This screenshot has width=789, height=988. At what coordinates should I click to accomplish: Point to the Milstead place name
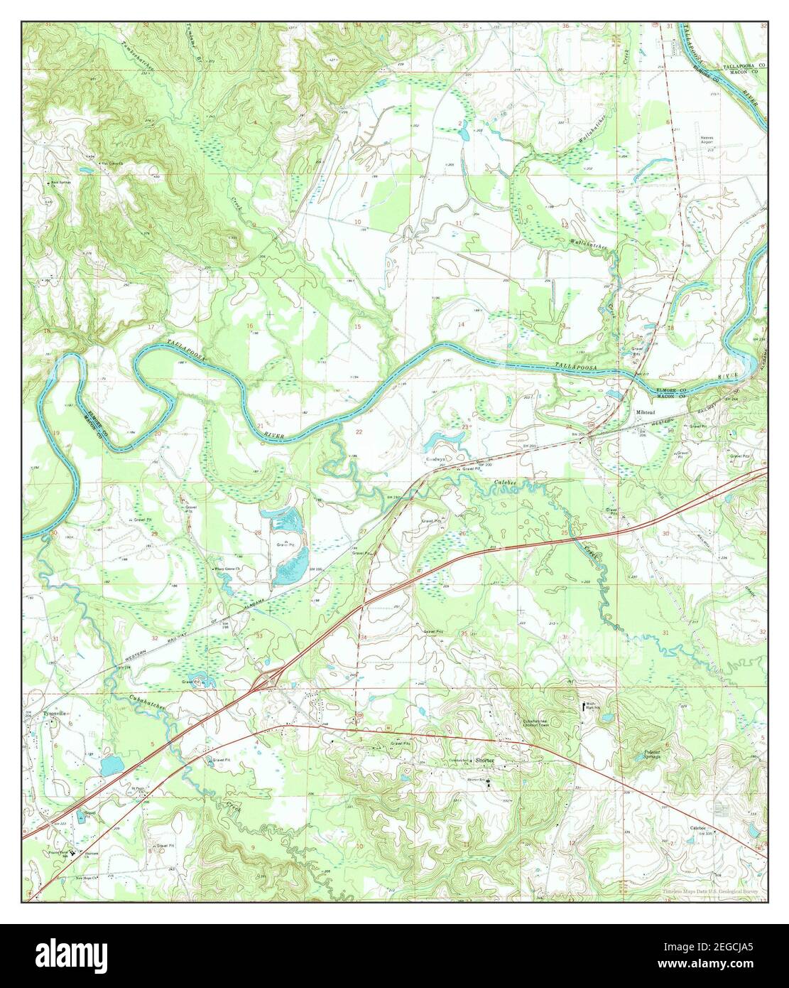click(x=646, y=412)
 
